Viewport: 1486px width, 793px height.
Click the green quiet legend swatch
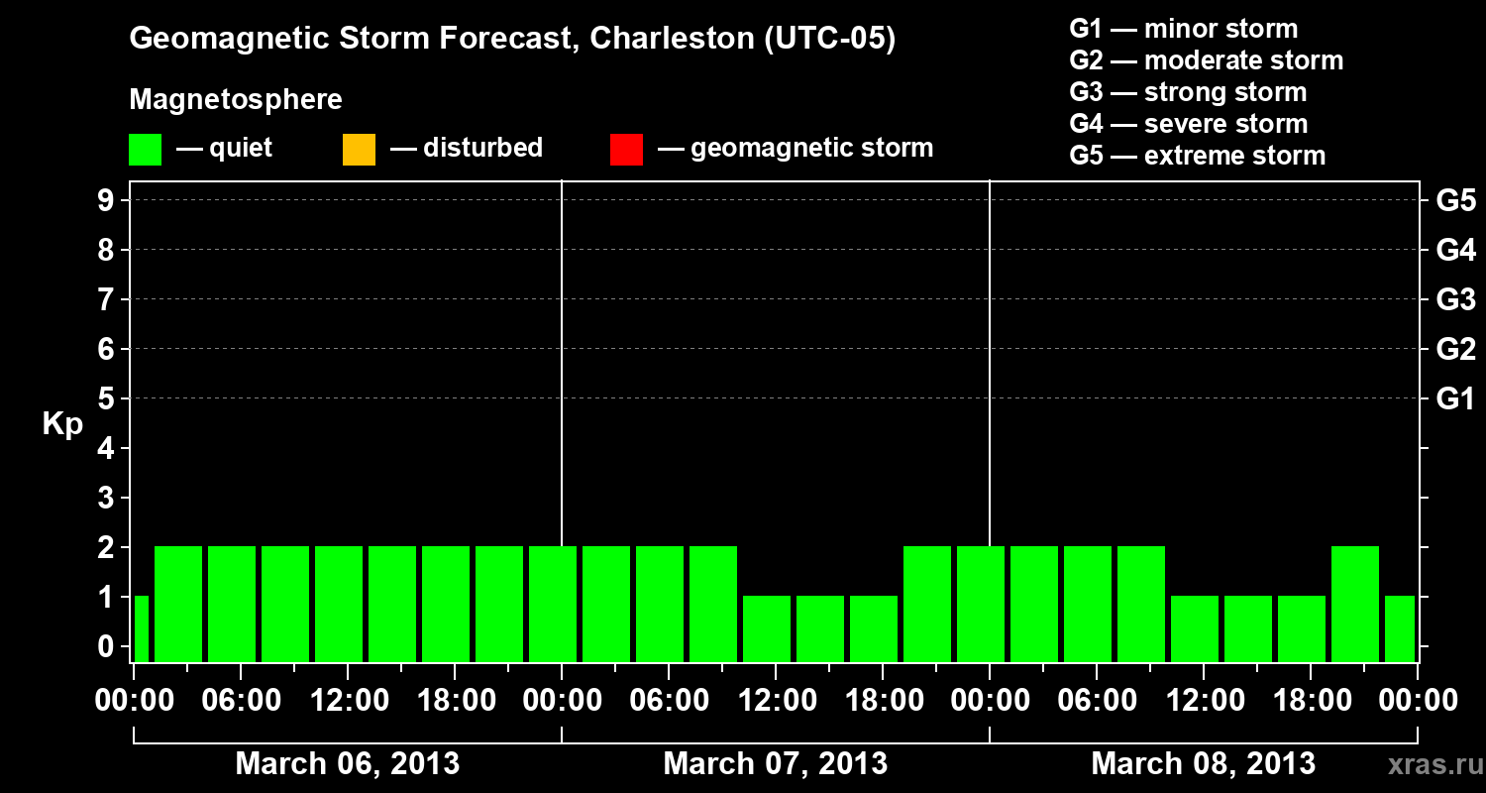145,149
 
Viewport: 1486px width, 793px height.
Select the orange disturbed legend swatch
359,149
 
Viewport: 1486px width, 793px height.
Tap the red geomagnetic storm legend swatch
626,149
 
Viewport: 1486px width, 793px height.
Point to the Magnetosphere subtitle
236,100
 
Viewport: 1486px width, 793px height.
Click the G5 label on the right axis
1455,200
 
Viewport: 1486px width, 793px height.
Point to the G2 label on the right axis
1455,349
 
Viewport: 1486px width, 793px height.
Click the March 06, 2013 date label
347,763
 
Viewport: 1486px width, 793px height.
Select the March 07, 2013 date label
775,763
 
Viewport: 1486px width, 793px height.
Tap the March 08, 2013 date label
1203,763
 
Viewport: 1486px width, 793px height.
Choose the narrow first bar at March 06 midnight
141,628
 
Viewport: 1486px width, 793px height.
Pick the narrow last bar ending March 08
1399,628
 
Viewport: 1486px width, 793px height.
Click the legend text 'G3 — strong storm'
1188,92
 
